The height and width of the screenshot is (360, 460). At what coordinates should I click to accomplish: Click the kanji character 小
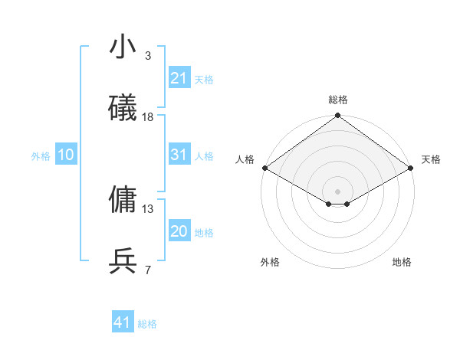[123, 47]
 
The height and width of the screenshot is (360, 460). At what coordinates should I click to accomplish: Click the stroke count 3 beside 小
[148, 56]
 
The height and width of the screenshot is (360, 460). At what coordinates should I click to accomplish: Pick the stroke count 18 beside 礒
[148, 117]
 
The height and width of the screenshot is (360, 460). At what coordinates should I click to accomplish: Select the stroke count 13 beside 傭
[148, 208]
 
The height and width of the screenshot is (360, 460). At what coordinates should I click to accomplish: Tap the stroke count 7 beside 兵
[148, 270]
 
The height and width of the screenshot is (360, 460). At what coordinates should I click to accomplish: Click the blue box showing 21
[179, 78]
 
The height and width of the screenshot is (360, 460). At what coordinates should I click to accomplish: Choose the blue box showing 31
[179, 155]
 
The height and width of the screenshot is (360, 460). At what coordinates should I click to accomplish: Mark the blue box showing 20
[179, 231]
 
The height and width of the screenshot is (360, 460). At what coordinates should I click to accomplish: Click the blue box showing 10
[66, 155]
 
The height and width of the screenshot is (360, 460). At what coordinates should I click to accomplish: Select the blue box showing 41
[123, 322]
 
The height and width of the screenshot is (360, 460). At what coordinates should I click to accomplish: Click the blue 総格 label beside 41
[147, 324]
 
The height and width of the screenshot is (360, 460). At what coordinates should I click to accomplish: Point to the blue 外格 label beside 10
[41, 156]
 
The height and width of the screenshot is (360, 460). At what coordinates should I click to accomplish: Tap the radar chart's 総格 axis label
[338, 100]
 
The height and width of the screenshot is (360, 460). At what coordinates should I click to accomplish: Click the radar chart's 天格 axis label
[432, 159]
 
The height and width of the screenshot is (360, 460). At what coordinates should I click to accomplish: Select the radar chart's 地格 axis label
[402, 262]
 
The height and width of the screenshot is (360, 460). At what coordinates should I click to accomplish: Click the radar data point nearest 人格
[264, 168]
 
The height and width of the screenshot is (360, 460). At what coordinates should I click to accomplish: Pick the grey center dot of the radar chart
[338, 191]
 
